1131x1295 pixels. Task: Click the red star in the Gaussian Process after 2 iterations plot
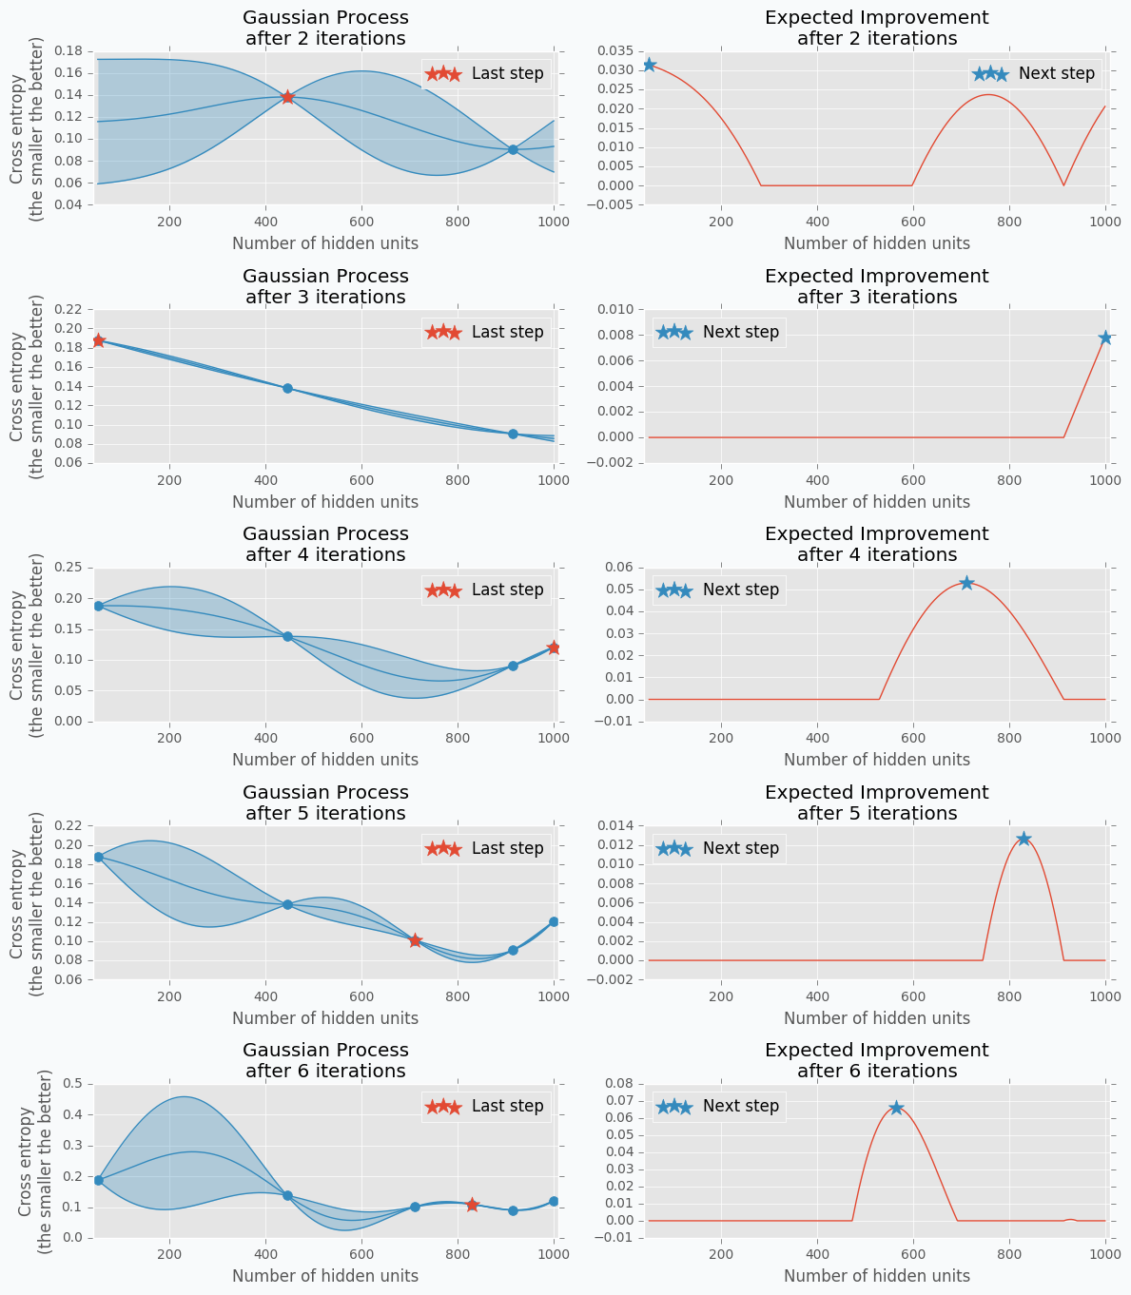(x=287, y=97)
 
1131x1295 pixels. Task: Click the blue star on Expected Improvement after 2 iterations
(x=649, y=65)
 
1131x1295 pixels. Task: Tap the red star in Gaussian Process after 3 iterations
(x=98, y=340)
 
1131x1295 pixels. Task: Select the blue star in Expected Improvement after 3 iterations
(x=1105, y=338)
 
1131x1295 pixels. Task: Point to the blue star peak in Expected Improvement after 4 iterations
(x=966, y=583)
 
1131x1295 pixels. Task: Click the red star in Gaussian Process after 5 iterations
(x=415, y=940)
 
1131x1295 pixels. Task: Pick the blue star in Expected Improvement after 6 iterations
(x=896, y=1108)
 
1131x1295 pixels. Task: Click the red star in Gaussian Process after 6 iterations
(x=472, y=1205)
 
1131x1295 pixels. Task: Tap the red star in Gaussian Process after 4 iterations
(x=554, y=647)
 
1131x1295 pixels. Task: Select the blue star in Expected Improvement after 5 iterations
(x=1024, y=839)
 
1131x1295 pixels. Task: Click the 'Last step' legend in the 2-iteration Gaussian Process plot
(x=485, y=74)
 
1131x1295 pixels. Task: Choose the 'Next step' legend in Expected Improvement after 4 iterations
(x=718, y=590)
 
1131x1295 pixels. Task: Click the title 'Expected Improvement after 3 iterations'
(x=876, y=286)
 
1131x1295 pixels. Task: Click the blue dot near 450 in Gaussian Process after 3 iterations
(x=287, y=388)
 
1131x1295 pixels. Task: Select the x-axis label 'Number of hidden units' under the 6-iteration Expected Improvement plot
(x=876, y=1276)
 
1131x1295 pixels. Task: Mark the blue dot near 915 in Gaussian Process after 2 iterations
(x=513, y=149)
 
